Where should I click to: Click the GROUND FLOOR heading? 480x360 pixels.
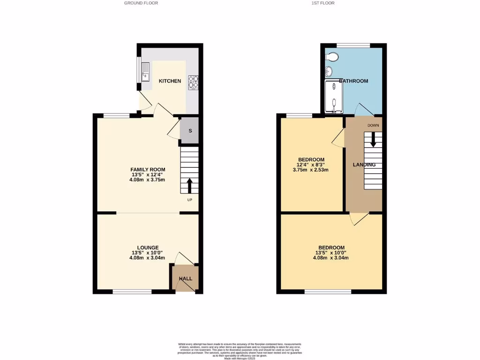pyautogui.click(x=141, y=3)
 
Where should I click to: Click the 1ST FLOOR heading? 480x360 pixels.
pyautogui.click(x=323, y=3)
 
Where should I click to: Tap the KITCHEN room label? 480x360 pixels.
pyautogui.click(x=170, y=81)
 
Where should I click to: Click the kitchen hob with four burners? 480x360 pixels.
pyautogui.click(x=193, y=82)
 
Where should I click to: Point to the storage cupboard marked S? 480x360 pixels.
pyautogui.click(x=190, y=131)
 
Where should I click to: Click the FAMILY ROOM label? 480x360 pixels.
pyautogui.click(x=148, y=170)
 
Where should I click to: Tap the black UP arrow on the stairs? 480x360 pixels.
pyautogui.click(x=189, y=185)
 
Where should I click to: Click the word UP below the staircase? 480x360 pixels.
pyautogui.click(x=189, y=200)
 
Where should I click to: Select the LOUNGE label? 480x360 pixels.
pyautogui.click(x=148, y=247)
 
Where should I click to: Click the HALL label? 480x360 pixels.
pyautogui.click(x=186, y=278)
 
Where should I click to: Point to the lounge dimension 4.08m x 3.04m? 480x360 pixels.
pyautogui.click(x=148, y=258)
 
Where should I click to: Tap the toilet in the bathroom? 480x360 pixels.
pyautogui.click(x=332, y=58)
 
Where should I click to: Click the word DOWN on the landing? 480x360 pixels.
pyautogui.click(x=373, y=126)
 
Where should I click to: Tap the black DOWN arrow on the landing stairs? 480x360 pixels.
pyautogui.click(x=373, y=139)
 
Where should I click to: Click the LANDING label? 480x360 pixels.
pyautogui.click(x=364, y=165)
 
